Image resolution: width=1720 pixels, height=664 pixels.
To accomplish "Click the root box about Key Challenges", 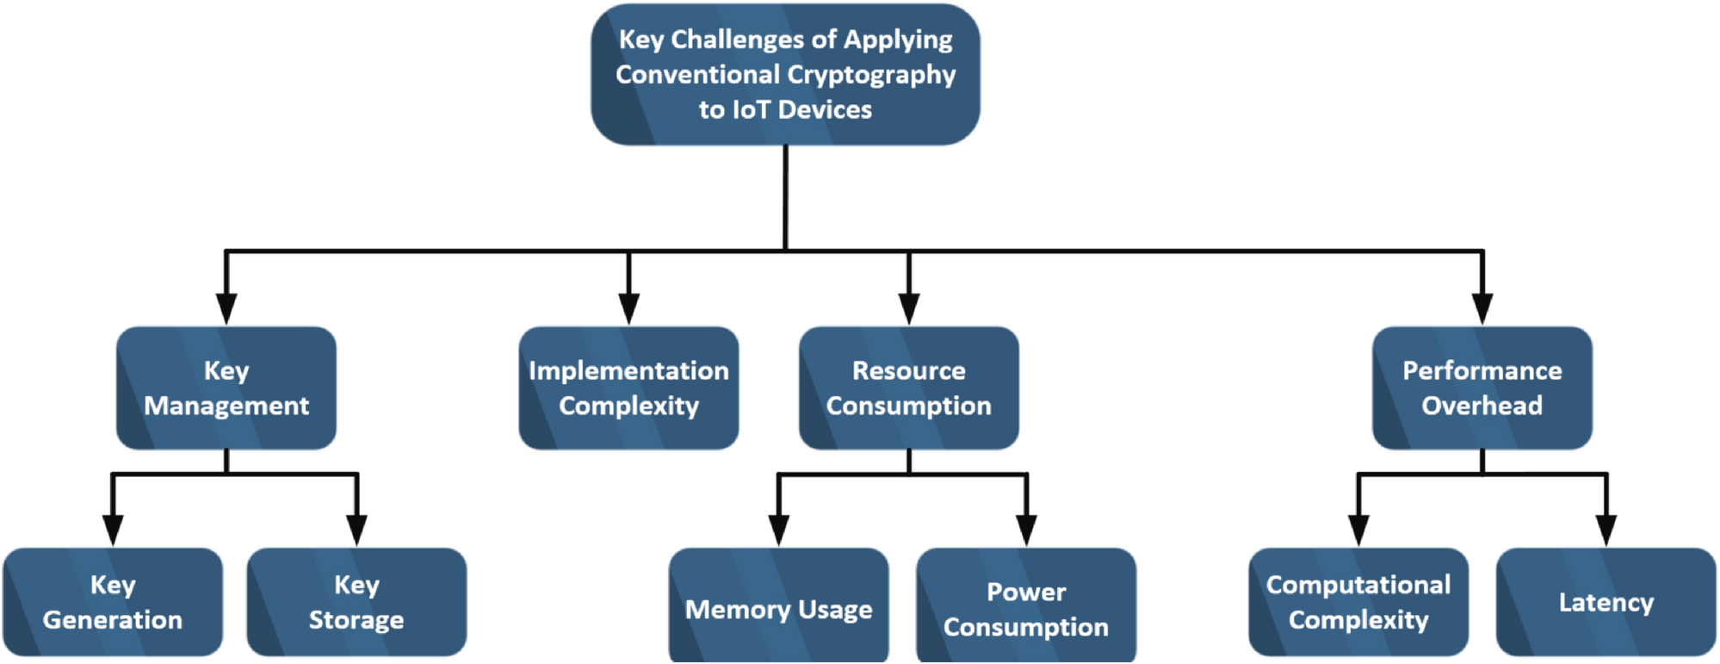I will point(785,74).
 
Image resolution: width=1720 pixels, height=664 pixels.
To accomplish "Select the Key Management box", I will point(226,388).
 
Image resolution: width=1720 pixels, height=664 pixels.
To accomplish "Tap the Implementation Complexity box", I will point(628,388).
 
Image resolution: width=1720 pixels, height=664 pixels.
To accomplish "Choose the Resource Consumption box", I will point(908,388).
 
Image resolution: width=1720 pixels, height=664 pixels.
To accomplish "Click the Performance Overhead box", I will point(1482,388).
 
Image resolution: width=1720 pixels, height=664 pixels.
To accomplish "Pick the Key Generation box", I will point(113,602).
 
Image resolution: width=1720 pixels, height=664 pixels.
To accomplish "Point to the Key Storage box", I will point(356,602).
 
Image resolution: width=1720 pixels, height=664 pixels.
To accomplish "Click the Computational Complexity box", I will point(1358,602).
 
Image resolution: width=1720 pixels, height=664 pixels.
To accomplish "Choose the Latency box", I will point(1606,602).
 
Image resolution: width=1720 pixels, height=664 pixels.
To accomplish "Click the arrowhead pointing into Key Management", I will point(226,308).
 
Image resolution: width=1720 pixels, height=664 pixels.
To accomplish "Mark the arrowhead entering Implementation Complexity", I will point(628,308).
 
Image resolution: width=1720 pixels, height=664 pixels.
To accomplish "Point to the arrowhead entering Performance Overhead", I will point(1482,308).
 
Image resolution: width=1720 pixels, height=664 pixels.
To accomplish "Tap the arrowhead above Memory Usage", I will point(778,530).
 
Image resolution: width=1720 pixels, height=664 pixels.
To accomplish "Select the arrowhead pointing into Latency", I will point(1606,530).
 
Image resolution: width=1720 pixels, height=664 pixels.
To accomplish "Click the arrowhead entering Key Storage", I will point(356,530).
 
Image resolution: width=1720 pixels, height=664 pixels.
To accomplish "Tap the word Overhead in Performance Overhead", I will point(1482,406).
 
